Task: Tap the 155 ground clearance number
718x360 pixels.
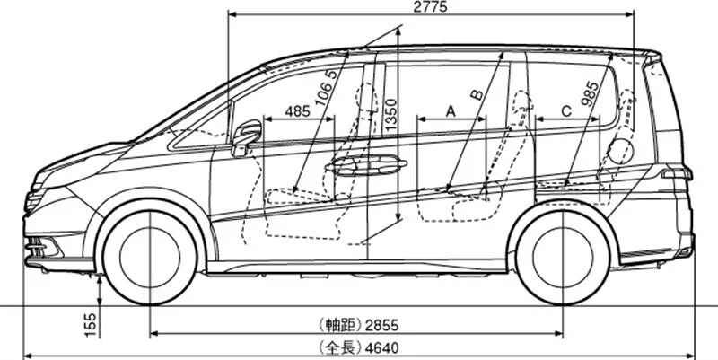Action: tap(90, 325)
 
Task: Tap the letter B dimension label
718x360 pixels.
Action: tap(477, 93)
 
